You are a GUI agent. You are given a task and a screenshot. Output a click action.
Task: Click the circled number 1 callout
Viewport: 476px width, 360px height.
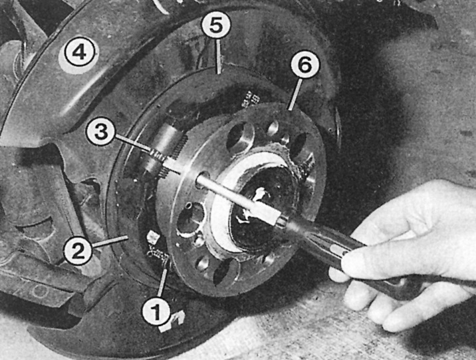[x=156, y=310]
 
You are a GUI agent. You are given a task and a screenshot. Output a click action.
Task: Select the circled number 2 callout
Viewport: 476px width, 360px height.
[x=78, y=251]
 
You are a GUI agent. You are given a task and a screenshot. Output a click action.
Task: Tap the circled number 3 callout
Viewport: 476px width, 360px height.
[x=100, y=132]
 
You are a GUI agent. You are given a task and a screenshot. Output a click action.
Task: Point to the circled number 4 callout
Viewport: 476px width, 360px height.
[x=79, y=54]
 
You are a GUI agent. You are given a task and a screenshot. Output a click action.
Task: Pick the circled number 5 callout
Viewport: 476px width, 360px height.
[x=216, y=25]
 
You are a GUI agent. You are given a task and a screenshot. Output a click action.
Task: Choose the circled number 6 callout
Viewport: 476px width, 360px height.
[x=305, y=65]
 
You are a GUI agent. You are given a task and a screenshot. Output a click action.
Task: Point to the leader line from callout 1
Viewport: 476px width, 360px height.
[x=162, y=282]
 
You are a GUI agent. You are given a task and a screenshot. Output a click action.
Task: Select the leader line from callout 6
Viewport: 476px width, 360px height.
[x=295, y=94]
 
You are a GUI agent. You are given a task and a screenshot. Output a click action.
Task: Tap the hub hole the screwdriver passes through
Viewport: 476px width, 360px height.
[x=202, y=178]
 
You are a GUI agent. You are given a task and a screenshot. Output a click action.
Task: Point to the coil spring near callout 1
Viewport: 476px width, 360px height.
[x=158, y=255]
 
